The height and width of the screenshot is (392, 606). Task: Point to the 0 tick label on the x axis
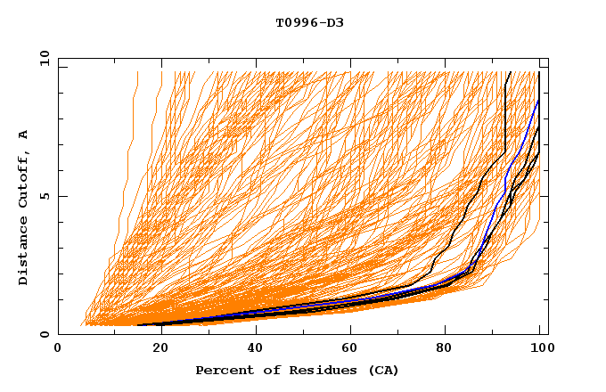[x=58, y=348]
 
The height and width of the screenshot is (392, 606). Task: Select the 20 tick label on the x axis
[x=155, y=348]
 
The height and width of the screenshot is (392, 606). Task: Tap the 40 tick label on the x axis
[x=251, y=348]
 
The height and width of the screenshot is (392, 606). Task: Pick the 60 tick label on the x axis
[x=348, y=348]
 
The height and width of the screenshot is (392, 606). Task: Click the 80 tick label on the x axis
[x=445, y=348]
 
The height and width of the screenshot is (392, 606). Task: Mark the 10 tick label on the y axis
[x=45, y=58]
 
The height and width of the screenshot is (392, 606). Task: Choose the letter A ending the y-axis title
[x=23, y=135]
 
